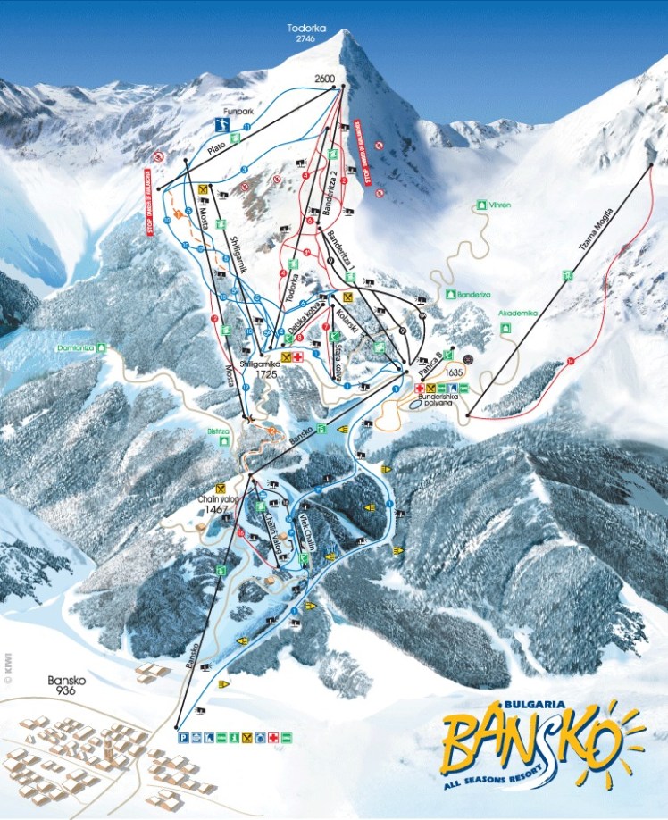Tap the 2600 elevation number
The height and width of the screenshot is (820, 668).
[x=324, y=79]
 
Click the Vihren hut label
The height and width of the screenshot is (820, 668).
[x=499, y=205]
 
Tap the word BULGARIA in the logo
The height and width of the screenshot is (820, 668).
[x=519, y=705]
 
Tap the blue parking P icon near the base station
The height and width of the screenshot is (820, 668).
[x=182, y=738]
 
